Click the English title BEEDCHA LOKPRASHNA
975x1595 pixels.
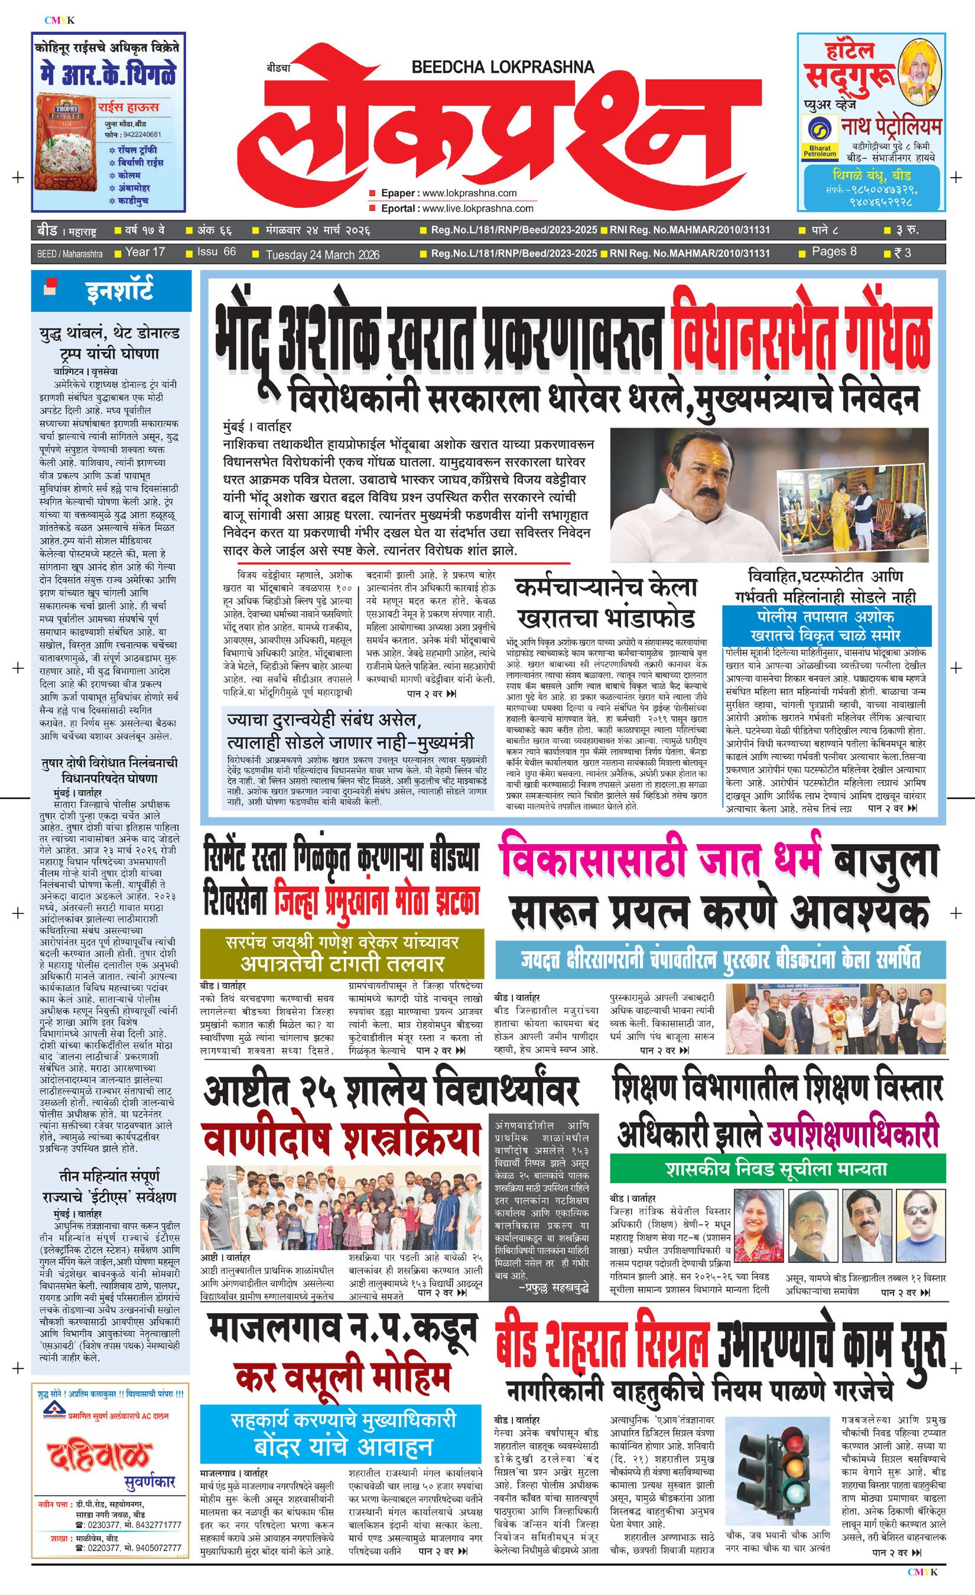click(x=502, y=67)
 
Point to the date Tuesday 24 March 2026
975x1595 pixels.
click(x=323, y=255)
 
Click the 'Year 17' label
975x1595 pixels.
click(x=144, y=252)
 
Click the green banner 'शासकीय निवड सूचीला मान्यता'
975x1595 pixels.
click(x=776, y=1169)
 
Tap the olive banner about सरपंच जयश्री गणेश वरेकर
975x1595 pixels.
click(x=341, y=953)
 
